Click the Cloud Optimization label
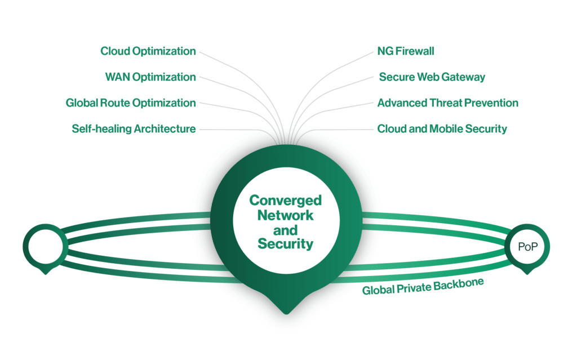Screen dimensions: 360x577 (148, 51)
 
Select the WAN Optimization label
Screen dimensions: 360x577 (150, 77)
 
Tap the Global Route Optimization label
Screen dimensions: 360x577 (131, 103)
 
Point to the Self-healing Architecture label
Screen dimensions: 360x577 (134, 129)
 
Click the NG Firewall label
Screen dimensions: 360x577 (406, 51)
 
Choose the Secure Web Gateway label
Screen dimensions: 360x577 (432, 77)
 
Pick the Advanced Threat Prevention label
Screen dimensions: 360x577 (447, 103)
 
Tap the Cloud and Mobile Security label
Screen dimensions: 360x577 (442, 129)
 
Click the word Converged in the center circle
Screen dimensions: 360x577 (285, 201)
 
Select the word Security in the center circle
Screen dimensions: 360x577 (285, 244)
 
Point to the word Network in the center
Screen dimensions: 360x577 (285, 215)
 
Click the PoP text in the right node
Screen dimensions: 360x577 (527, 247)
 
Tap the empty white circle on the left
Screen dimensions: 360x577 (45, 246)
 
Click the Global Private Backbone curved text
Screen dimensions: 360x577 (423, 287)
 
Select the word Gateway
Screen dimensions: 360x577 (465, 77)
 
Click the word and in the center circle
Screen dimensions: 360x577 (285, 230)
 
